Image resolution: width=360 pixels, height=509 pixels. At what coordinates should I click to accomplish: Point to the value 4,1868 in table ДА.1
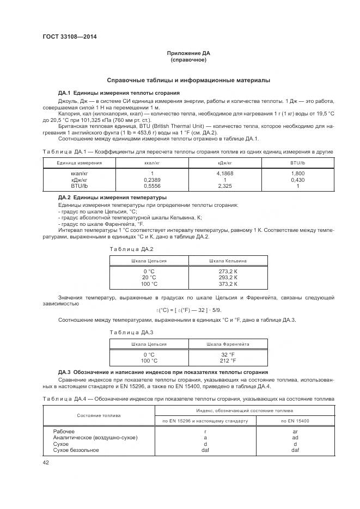[225, 174]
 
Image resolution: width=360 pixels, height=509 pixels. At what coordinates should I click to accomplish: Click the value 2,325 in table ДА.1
[225, 186]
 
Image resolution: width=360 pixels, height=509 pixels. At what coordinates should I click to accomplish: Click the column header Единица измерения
[79, 163]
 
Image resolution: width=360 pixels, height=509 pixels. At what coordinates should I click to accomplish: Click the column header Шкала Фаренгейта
[228, 344]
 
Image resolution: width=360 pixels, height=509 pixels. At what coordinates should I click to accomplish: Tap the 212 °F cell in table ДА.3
[228, 360]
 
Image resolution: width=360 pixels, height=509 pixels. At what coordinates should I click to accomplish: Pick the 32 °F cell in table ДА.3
[228, 354]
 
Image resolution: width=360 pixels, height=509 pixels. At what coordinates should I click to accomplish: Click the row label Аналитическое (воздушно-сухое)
[95, 438]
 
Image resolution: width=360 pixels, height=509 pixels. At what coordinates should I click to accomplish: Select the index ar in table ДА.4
[295, 432]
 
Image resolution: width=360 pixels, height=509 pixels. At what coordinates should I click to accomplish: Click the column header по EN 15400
[295, 421]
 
